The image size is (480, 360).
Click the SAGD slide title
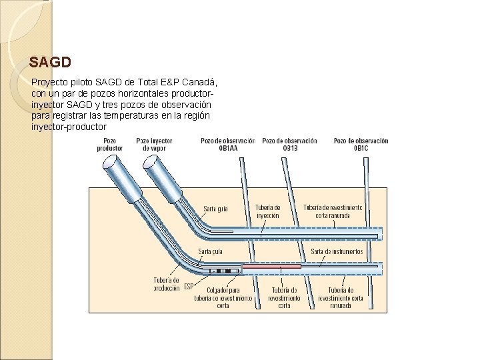(50, 63)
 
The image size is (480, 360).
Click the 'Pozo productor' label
(110, 145)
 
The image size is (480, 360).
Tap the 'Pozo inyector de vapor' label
(154, 145)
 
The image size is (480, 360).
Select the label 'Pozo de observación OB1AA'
(227, 145)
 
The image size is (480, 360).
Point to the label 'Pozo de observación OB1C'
(361, 145)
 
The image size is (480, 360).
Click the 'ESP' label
(189, 287)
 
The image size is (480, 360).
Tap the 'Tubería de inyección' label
(267, 212)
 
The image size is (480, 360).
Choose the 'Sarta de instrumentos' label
(337, 251)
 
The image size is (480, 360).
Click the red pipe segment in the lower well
(270, 266)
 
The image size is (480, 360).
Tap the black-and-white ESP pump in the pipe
(223, 271)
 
